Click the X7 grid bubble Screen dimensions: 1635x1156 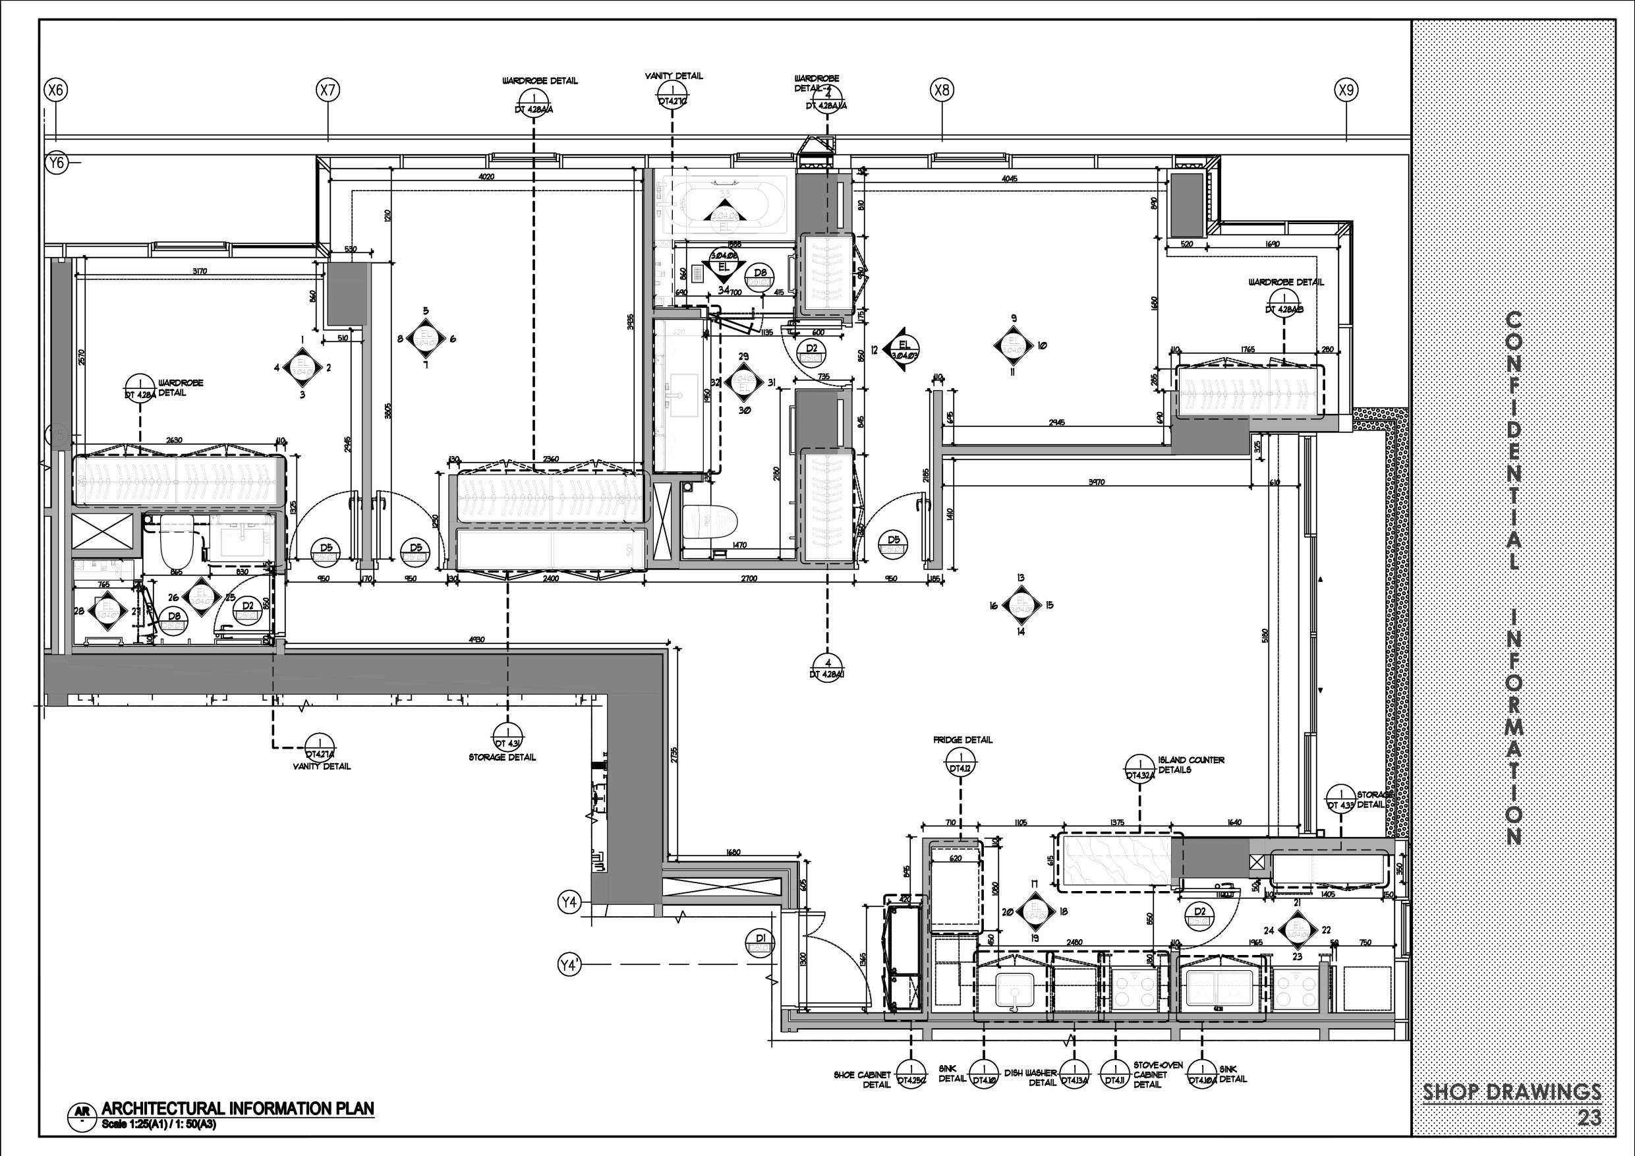328,90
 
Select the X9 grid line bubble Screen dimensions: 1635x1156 1346,90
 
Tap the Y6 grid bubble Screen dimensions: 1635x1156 55,163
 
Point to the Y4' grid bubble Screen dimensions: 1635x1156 568,965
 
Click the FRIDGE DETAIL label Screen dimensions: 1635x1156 963,740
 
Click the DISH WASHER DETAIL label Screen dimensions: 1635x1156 1031,1078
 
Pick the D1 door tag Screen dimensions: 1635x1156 760,942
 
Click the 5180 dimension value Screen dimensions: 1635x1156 1265,634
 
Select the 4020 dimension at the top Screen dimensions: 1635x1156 486,177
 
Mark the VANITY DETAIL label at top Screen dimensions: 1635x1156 674,76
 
